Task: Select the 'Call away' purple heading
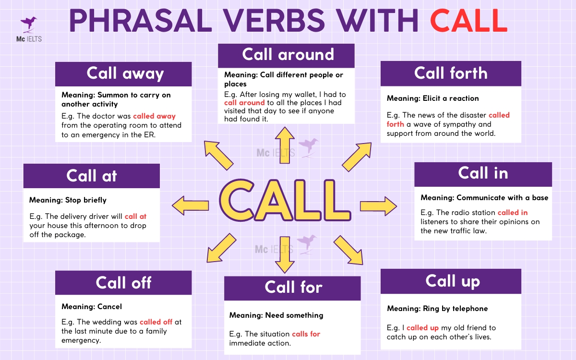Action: pos(124,73)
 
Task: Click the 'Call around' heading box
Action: pos(287,55)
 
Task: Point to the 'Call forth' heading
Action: pos(451,73)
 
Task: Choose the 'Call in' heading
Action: pos(483,173)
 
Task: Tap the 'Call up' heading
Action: pos(451,281)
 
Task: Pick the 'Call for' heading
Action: pos(292,287)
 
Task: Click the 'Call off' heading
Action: pos(123,282)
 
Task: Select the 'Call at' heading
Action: pos(91,176)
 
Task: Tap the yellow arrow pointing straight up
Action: pos(287,144)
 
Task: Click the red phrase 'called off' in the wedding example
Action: pos(156,322)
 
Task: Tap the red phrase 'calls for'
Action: pos(306,334)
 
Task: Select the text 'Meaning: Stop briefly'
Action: pos(68,200)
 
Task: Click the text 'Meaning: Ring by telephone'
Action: pos(437,309)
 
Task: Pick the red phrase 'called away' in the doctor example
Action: pos(154,116)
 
